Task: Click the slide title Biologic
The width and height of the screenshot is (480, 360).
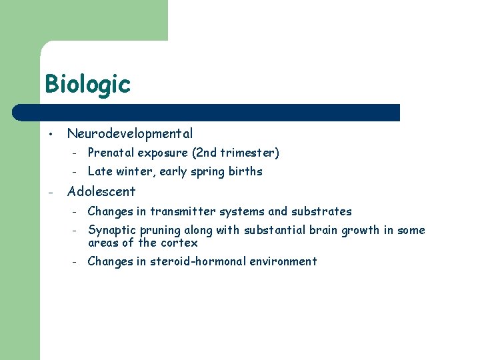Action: point(87,85)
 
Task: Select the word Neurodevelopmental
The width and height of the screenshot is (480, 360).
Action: point(130,134)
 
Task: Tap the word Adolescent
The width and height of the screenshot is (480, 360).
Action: point(101,191)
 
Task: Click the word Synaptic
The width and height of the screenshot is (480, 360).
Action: point(111,231)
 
